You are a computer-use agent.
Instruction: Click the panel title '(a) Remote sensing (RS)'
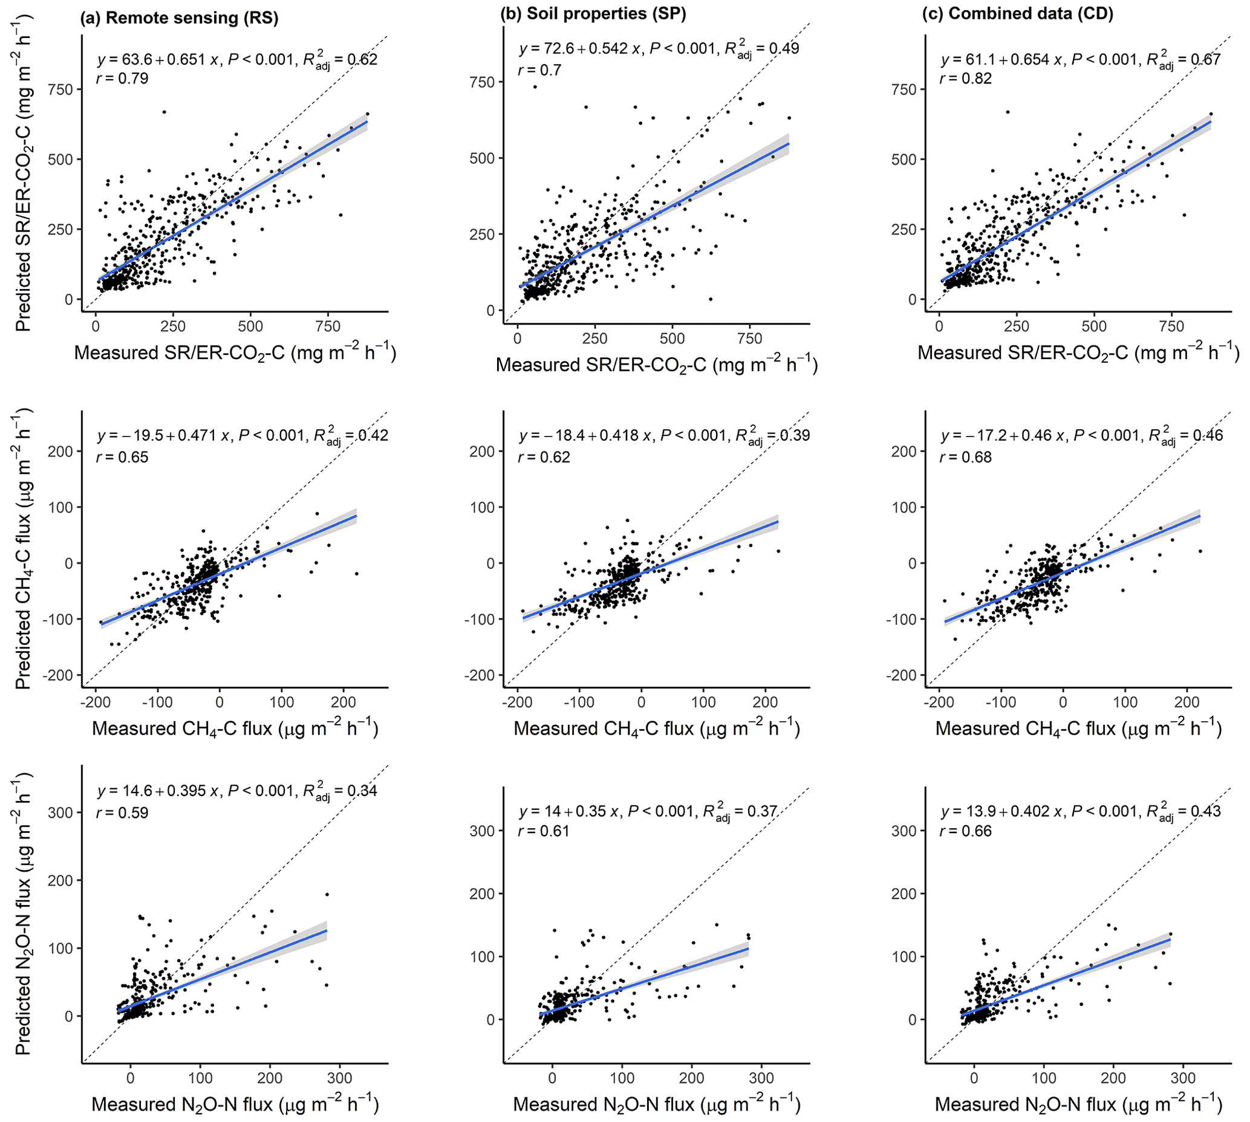pos(179,18)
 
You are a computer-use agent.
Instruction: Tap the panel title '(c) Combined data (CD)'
pos(1018,14)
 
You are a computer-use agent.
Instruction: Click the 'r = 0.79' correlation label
pos(122,79)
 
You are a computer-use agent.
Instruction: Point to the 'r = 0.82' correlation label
pos(966,79)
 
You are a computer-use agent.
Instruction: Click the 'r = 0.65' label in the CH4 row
pos(122,457)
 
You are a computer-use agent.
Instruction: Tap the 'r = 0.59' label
pos(122,812)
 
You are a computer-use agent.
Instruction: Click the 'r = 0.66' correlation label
pos(966,831)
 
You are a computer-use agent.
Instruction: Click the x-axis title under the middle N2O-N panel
pos(656,1104)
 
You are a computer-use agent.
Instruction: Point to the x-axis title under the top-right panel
pos(1078,352)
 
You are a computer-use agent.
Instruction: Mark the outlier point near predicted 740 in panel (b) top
pos(535,86)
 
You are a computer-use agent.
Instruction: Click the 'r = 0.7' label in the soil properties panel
pos(539,70)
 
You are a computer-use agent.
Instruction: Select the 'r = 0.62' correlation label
pos(544,457)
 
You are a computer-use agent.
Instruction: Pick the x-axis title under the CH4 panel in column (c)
pos(1078,728)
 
